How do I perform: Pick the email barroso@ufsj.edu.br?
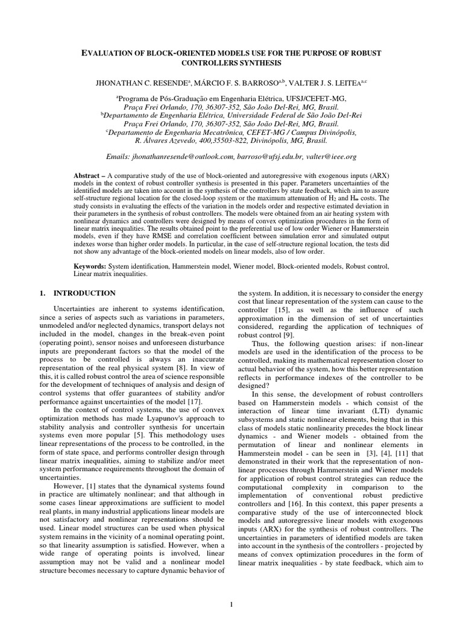[269, 157]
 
